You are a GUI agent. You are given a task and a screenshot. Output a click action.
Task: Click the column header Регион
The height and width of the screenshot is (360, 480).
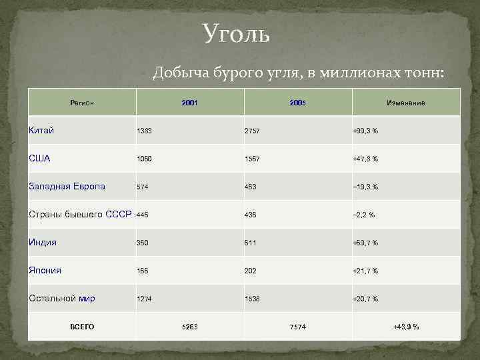click(82, 103)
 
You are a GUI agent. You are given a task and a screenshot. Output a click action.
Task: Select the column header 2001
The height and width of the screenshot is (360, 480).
click(189, 103)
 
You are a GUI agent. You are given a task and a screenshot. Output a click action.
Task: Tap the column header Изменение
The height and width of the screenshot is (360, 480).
click(405, 103)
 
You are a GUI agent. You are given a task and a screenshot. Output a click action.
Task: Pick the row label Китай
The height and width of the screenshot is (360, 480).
click(41, 130)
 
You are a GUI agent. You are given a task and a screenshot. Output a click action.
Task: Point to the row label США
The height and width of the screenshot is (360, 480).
click(40, 159)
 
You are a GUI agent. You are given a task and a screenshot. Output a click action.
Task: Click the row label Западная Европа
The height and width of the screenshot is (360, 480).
click(67, 187)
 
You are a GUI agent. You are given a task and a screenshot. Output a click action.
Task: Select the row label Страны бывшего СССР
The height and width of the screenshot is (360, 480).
click(80, 215)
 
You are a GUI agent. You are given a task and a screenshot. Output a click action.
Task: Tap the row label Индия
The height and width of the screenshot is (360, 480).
click(43, 243)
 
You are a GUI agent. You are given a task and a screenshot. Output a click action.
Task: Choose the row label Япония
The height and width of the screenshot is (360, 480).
click(45, 271)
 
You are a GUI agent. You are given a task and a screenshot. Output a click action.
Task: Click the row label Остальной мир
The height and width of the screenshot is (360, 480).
click(62, 299)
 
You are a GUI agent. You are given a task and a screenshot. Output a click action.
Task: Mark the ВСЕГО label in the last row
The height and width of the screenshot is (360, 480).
click(82, 327)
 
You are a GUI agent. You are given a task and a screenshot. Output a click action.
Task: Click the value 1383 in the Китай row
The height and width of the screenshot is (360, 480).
click(144, 131)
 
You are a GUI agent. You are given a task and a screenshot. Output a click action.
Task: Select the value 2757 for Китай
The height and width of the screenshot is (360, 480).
click(252, 131)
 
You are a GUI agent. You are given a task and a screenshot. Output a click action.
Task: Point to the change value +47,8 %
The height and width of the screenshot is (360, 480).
click(365, 159)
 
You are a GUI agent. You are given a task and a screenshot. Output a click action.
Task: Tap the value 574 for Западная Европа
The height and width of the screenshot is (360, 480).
click(142, 187)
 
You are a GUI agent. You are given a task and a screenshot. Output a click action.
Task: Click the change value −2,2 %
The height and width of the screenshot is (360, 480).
click(363, 215)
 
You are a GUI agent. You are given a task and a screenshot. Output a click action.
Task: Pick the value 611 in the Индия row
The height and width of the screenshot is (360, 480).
click(250, 243)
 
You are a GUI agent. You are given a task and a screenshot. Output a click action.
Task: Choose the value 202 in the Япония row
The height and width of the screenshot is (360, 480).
click(250, 271)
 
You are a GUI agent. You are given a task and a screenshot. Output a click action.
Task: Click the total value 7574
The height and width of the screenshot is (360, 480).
click(298, 327)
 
